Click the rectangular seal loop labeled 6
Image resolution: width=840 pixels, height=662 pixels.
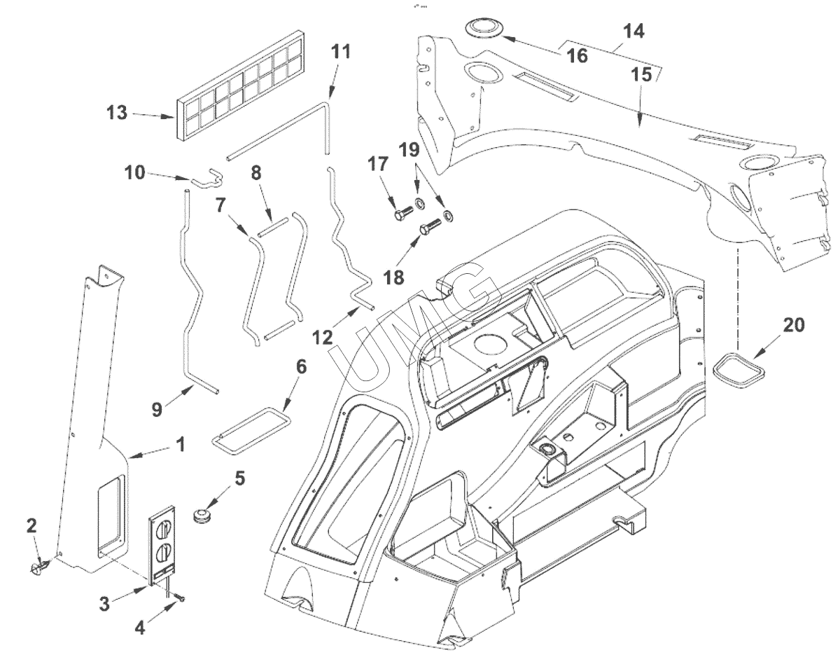coord(248,428)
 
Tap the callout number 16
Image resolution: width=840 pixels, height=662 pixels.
coord(577,55)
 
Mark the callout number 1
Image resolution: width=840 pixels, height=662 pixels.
coord(180,444)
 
